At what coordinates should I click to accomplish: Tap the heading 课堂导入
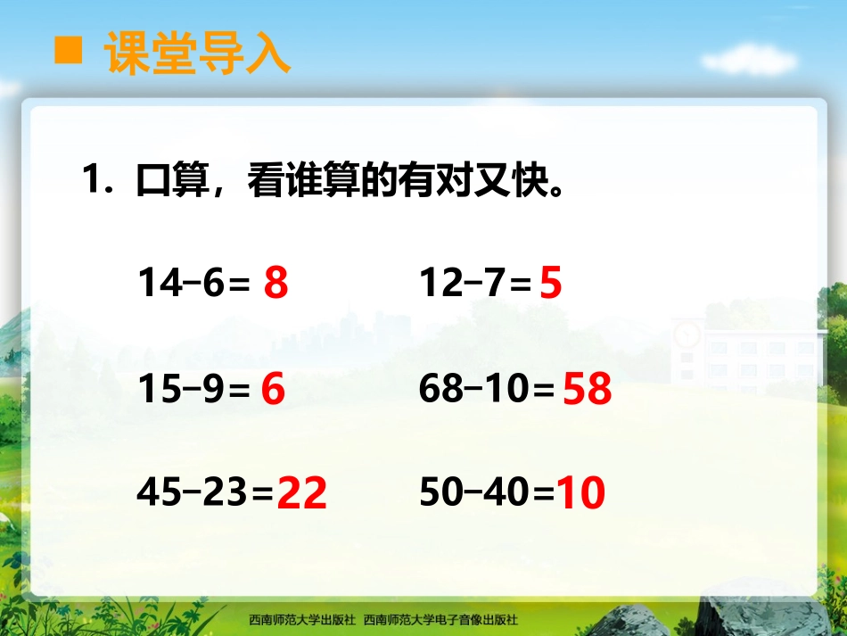(197, 53)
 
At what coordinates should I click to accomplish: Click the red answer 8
(276, 284)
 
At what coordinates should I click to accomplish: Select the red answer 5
(551, 284)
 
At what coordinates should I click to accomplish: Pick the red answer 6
(273, 390)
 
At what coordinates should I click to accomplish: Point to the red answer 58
(588, 390)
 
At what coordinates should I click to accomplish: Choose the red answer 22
(301, 493)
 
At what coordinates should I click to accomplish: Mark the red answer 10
(580, 493)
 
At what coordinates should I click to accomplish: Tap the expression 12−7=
(475, 284)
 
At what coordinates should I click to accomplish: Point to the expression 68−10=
(487, 390)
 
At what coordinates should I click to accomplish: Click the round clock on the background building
(687, 334)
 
